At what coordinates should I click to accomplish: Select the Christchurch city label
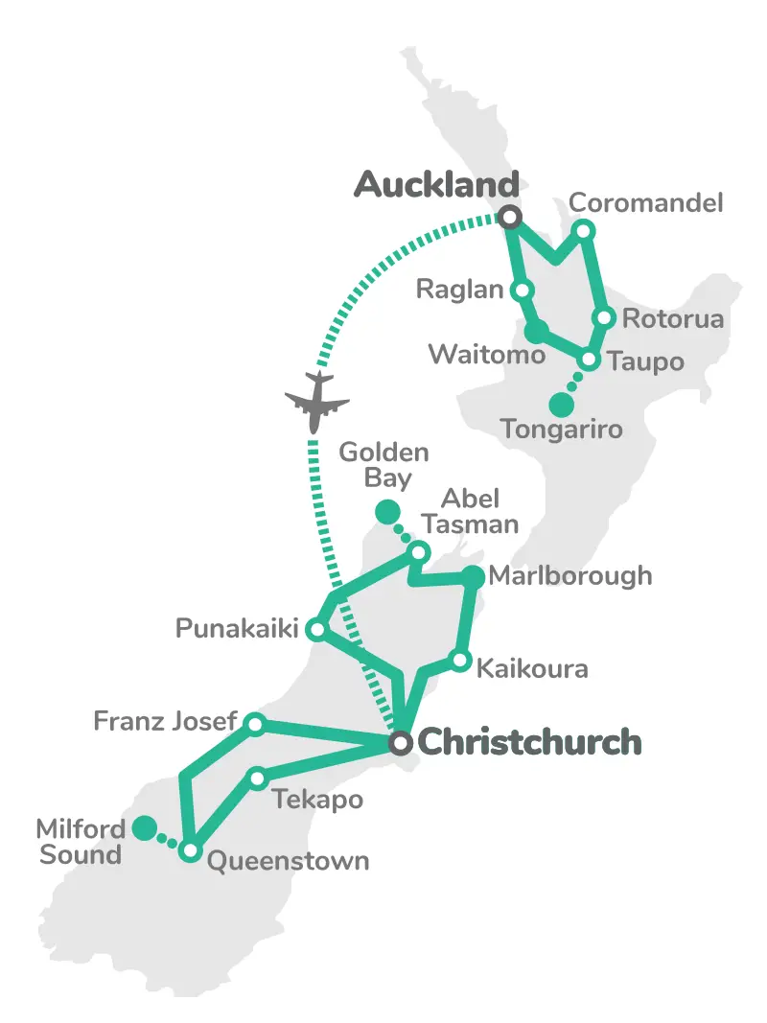click(x=529, y=742)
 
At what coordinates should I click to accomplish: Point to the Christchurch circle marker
click(x=401, y=743)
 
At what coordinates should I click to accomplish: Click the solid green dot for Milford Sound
click(x=145, y=827)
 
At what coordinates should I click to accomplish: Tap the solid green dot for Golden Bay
click(x=386, y=512)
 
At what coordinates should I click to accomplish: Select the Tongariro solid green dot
click(x=561, y=405)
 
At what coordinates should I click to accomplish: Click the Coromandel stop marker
click(x=583, y=229)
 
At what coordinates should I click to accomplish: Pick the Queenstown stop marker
click(x=191, y=850)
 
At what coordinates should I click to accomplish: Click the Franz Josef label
click(x=165, y=720)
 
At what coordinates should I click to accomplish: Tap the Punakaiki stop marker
click(x=315, y=630)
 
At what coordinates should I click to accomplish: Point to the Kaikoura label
click(x=532, y=668)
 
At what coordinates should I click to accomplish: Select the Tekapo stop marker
click(x=257, y=778)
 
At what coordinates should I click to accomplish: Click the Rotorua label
click(x=672, y=319)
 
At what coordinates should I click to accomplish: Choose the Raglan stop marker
click(x=523, y=290)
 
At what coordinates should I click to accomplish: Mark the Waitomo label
click(x=486, y=354)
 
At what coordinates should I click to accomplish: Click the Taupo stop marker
click(x=590, y=360)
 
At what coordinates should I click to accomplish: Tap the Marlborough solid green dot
click(x=473, y=576)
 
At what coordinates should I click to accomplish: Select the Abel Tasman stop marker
click(x=418, y=551)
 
